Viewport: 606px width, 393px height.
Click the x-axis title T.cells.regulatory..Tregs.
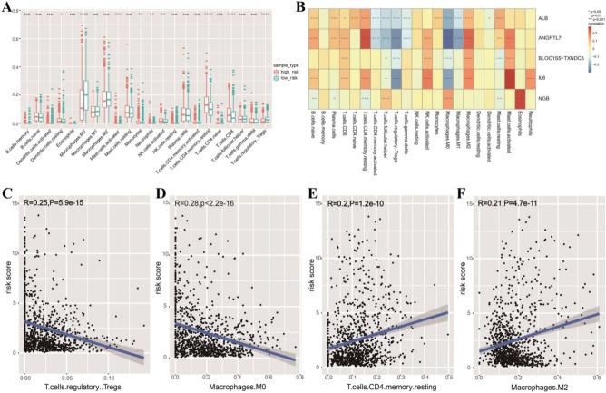[83, 386]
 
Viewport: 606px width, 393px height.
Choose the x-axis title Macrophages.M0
[236, 386]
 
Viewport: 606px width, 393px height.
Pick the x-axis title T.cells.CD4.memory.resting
[387, 386]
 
